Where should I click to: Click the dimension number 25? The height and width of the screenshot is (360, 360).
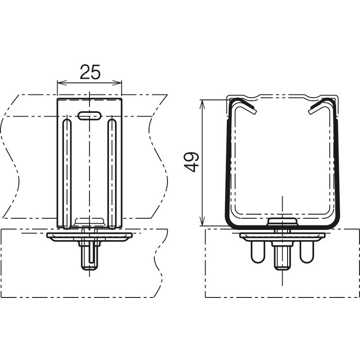click(90, 72)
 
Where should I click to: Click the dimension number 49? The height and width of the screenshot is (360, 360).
click(191, 162)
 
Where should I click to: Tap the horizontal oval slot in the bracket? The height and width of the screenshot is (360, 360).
click(90, 116)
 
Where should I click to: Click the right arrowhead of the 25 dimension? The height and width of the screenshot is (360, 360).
click(117, 83)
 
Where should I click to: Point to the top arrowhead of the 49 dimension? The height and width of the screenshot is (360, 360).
click(202, 105)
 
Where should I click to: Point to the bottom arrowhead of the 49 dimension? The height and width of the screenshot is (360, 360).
click(202, 221)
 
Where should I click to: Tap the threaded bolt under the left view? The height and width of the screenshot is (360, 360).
click(89, 256)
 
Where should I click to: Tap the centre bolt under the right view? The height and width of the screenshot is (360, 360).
click(282, 256)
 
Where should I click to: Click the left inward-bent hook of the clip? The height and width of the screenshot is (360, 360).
click(244, 105)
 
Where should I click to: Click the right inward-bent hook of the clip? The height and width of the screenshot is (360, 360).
click(320, 105)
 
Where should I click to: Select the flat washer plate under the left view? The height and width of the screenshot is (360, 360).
click(89, 237)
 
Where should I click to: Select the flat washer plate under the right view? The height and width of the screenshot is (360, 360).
click(282, 237)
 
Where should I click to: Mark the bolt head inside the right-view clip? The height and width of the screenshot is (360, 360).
click(282, 221)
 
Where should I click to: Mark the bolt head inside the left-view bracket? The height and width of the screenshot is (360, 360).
click(90, 221)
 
